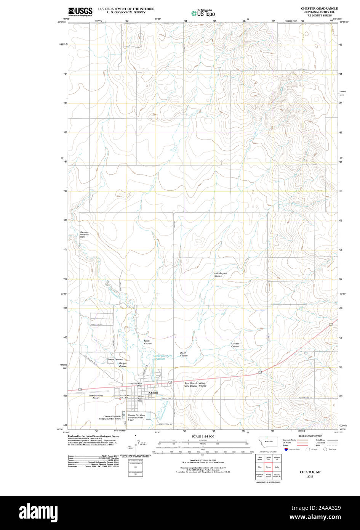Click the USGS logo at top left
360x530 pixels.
point(80,12)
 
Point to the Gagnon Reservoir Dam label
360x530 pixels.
point(84,234)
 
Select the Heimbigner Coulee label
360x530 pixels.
point(220,275)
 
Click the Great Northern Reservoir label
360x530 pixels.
point(163,357)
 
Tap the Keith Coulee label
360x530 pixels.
point(147,342)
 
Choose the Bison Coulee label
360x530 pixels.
point(183,354)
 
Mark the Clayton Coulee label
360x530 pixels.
point(235,345)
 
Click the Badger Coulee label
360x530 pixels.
point(123,365)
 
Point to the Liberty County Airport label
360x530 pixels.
point(96,397)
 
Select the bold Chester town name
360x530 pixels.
point(154,393)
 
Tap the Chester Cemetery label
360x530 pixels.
point(115,360)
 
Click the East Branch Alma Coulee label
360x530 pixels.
point(191,384)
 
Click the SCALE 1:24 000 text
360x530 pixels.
point(203,436)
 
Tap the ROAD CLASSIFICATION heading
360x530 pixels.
point(310,436)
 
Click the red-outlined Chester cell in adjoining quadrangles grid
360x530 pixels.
point(268,466)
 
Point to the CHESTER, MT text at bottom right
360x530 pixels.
point(310,472)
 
